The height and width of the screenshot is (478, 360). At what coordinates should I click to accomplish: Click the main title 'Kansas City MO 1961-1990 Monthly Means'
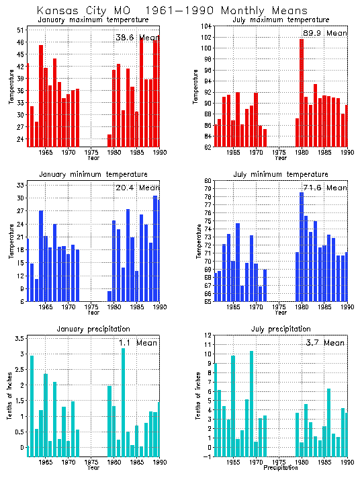pyautogui.click(x=172, y=11)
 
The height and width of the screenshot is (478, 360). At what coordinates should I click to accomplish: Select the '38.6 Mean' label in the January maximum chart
pyautogui.click(x=135, y=37)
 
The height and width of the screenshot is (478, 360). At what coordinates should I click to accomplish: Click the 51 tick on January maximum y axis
pyautogui.click(x=20, y=31)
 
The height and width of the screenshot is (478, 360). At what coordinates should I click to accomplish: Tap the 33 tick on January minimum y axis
pyautogui.click(x=20, y=184)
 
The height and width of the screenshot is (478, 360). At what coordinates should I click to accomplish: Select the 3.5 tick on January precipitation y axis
pyautogui.click(x=19, y=338)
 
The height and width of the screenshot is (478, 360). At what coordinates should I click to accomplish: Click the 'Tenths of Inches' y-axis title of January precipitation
pyautogui.click(x=9, y=397)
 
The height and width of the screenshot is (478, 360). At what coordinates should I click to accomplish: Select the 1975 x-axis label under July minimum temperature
pyautogui.click(x=279, y=307)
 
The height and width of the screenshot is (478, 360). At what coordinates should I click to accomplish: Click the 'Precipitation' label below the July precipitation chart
pyautogui.click(x=280, y=467)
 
